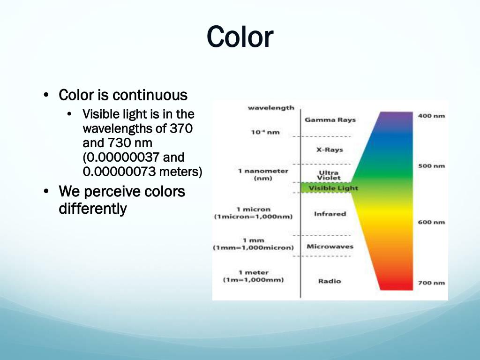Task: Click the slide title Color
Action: pos(240,37)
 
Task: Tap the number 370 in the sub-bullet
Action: pos(181,128)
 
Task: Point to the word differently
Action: pos(92,208)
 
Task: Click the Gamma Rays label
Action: pos(330,120)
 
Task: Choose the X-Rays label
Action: pos(330,150)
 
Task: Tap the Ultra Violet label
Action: pos(329,175)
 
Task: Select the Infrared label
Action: pos(330,214)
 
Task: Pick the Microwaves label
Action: pos(330,247)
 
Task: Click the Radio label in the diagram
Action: pos(330,281)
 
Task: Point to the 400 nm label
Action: pos(431,116)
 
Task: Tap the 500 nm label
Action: pos(431,166)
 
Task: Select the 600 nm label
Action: pos(431,222)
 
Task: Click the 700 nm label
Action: pos(431,283)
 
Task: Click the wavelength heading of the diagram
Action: pos(271,108)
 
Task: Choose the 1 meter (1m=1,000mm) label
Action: pos(253,276)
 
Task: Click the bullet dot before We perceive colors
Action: pos(45,192)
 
